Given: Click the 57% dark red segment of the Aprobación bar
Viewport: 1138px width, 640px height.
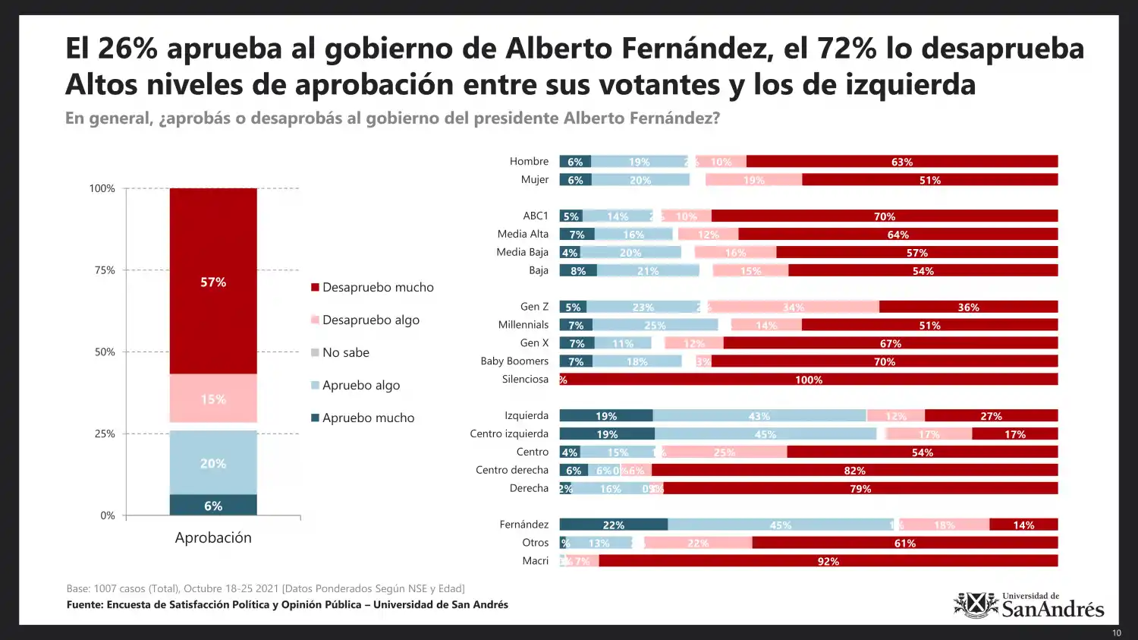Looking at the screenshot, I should click(x=213, y=282).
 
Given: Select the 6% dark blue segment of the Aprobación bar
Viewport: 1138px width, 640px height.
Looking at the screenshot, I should click(x=213, y=506).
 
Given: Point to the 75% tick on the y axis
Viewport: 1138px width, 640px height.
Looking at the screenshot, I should click(x=105, y=270).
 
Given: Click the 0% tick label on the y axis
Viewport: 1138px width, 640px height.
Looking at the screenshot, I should click(x=108, y=515).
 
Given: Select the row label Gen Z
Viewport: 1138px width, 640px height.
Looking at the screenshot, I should click(x=534, y=307).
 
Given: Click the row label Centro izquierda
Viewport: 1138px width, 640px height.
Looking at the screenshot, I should click(x=508, y=433).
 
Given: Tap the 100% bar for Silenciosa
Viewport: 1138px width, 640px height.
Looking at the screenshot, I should click(x=809, y=380).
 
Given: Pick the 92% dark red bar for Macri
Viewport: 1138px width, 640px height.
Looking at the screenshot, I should click(x=828, y=561).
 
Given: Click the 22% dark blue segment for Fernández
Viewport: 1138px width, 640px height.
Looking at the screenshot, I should click(x=613, y=525).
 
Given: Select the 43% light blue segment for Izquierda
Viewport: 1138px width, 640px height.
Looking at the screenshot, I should click(x=759, y=416).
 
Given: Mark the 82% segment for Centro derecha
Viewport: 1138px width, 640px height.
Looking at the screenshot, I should click(x=854, y=471).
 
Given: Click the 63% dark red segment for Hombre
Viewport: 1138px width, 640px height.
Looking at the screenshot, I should click(x=901, y=162).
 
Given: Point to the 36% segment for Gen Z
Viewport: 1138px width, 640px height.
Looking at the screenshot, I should click(x=968, y=307).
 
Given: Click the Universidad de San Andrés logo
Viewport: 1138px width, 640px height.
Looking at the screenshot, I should click(x=1029, y=605).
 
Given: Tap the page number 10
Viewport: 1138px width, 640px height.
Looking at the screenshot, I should click(x=1116, y=633).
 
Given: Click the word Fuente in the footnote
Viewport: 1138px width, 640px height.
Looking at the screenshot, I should click(x=84, y=605).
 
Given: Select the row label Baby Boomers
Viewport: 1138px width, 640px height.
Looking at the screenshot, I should click(x=514, y=361).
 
